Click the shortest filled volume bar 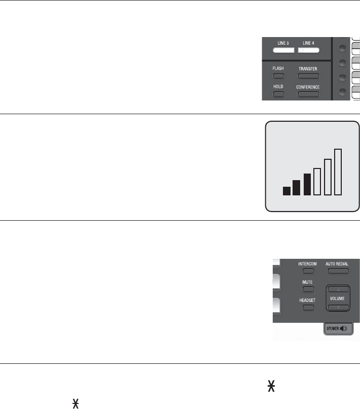[x=286, y=191]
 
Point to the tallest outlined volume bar [x=338, y=172]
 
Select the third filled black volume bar [x=307, y=184]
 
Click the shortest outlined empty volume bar [x=317, y=181]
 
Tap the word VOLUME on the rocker [x=337, y=299]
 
